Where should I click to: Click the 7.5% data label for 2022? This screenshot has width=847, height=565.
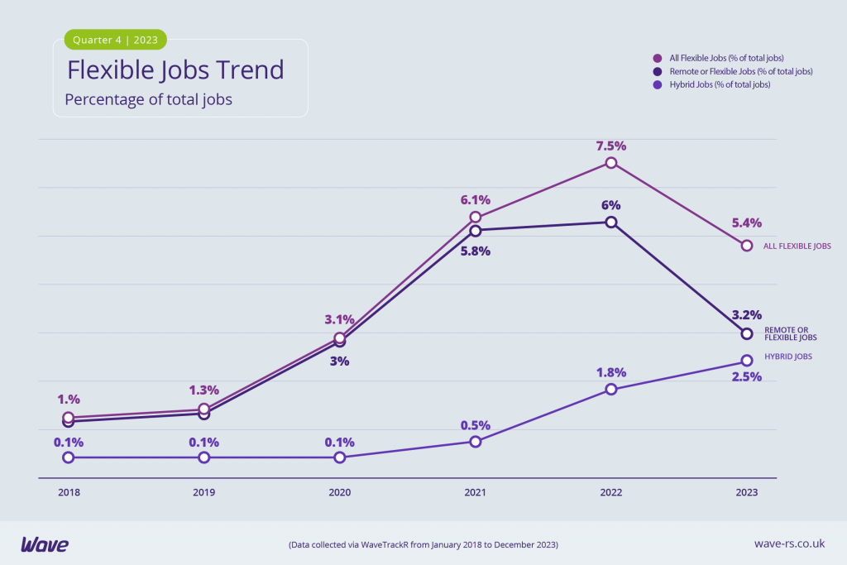pyautogui.click(x=610, y=146)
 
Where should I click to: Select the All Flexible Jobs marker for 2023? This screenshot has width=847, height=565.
pyautogui.click(x=747, y=246)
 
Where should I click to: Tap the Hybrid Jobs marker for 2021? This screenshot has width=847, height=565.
pyautogui.click(x=476, y=442)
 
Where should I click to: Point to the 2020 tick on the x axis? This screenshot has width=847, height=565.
pyautogui.click(x=340, y=492)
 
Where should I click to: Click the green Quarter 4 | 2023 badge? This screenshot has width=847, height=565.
pyautogui.click(x=116, y=40)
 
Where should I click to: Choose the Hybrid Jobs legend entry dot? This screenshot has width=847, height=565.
pyautogui.click(x=658, y=84)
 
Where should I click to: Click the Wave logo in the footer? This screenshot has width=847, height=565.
pyautogui.click(x=45, y=544)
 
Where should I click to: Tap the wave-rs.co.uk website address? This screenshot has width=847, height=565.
pyautogui.click(x=790, y=544)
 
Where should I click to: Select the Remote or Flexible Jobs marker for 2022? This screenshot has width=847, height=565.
pyautogui.click(x=611, y=222)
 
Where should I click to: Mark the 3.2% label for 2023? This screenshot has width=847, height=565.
pyautogui.click(x=746, y=314)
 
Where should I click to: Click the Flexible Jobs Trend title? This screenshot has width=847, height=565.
pyautogui.click(x=175, y=69)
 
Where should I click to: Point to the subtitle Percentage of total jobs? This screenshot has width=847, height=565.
pyautogui.click(x=149, y=100)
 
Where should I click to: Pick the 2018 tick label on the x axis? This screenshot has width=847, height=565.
pyautogui.click(x=69, y=492)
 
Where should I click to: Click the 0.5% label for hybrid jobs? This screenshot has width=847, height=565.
pyautogui.click(x=475, y=425)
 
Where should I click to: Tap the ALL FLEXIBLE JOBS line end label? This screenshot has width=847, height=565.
pyautogui.click(x=797, y=246)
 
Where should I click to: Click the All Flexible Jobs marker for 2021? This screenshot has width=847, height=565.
pyautogui.click(x=476, y=217)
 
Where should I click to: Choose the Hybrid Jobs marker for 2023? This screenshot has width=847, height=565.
pyautogui.click(x=747, y=361)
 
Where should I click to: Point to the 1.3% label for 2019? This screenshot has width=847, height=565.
pyautogui.click(x=203, y=390)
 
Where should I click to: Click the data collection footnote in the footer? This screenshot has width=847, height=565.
pyautogui.click(x=423, y=545)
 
